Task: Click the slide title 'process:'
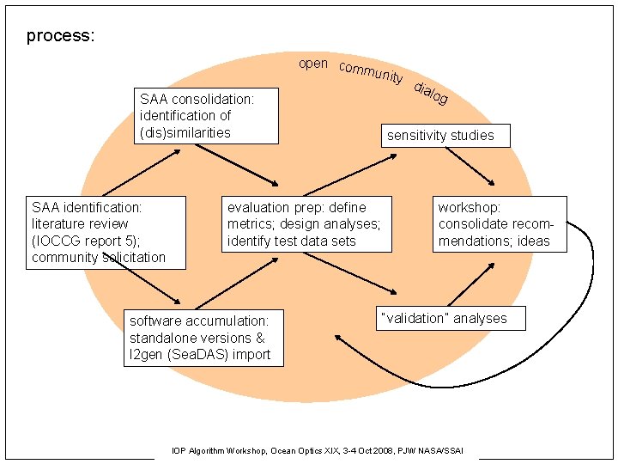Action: (x=60, y=36)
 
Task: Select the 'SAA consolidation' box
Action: (x=206, y=116)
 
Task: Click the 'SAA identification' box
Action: (x=106, y=232)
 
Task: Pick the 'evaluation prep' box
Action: (x=307, y=224)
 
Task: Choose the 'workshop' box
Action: (x=500, y=224)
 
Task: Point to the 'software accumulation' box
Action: (x=203, y=338)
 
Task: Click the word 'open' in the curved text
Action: (x=312, y=64)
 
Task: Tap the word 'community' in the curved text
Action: (x=370, y=72)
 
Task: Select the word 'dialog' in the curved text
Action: (x=430, y=94)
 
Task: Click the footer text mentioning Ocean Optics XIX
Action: (x=325, y=450)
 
